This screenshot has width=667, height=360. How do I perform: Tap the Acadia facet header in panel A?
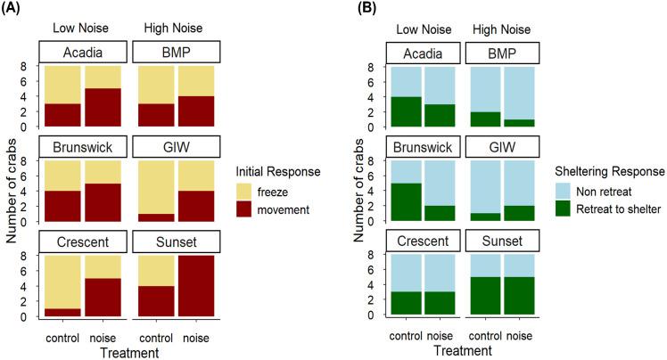(x=83, y=53)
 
